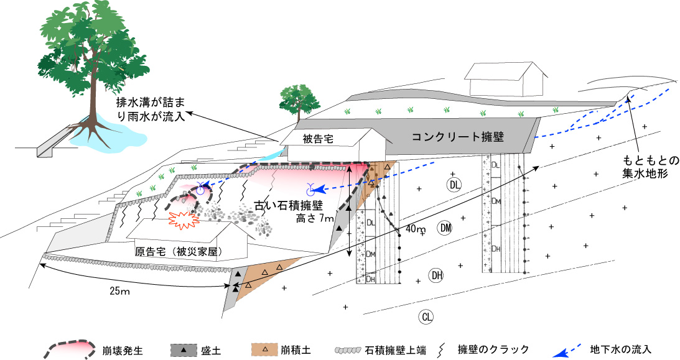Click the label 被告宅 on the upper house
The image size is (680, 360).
[x=318, y=139]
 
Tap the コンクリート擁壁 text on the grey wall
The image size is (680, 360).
[x=457, y=137]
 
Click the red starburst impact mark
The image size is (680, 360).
[x=184, y=220]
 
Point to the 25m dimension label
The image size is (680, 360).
[x=119, y=291]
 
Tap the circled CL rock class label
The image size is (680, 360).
[x=427, y=316]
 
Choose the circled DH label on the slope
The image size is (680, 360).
[x=437, y=275]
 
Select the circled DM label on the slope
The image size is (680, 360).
[x=445, y=228]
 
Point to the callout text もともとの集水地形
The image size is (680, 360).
[x=651, y=167]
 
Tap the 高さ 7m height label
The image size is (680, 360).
[x=315, y=219]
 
